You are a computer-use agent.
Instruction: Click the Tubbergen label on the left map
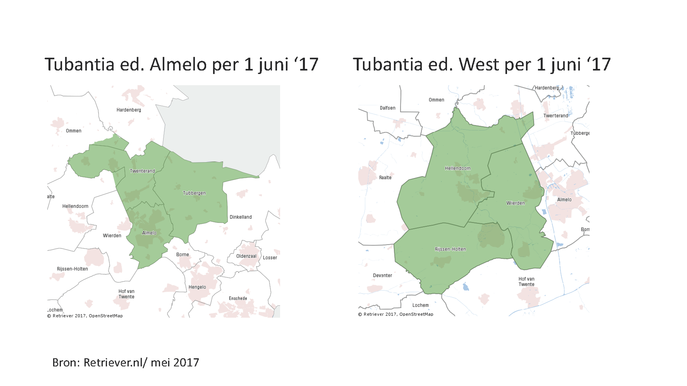(194, 193)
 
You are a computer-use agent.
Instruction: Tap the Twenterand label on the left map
(142, 171)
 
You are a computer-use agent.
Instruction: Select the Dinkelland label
(241, 217)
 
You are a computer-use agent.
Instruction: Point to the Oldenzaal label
(246, 256)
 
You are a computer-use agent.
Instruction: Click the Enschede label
(238, 298)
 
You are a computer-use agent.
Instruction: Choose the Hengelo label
(197, 287)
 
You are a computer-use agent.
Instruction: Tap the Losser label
(270, 258)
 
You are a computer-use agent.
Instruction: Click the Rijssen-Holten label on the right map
(450, 249)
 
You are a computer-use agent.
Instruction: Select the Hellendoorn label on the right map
(458, 168)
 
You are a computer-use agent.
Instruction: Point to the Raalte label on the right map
(385, 178)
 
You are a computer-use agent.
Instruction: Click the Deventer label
(383, 275)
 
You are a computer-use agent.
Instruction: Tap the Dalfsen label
(388, 108)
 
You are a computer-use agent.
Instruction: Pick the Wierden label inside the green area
(515, 203)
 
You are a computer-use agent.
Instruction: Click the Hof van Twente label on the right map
(526, 282)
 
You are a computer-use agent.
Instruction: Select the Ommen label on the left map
(74, 131)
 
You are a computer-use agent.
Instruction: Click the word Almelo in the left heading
(178, 65)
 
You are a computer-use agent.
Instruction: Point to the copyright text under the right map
(396, 314)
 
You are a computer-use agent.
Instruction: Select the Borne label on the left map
(182, 255)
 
